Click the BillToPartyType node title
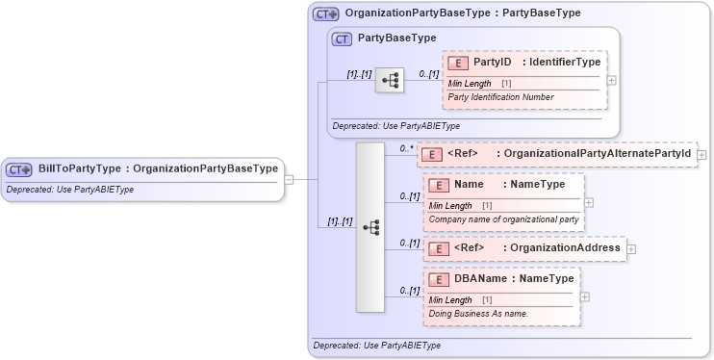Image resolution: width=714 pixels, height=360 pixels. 158,168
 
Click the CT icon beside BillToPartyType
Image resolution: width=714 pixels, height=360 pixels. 19,169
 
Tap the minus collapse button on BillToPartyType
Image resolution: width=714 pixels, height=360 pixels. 289,179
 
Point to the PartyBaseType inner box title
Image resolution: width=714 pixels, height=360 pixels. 396,39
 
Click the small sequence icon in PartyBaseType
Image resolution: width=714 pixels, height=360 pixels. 390,81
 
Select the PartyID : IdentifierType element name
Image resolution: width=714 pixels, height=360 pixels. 536,63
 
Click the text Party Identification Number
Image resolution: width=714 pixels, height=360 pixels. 500,97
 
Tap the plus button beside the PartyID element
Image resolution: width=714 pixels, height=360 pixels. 612,80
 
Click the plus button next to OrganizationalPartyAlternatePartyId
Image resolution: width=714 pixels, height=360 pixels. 701,154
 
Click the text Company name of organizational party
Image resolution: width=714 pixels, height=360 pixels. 503,219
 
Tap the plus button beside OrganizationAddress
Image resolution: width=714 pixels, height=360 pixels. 631,248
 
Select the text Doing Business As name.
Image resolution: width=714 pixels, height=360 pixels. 478,314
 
